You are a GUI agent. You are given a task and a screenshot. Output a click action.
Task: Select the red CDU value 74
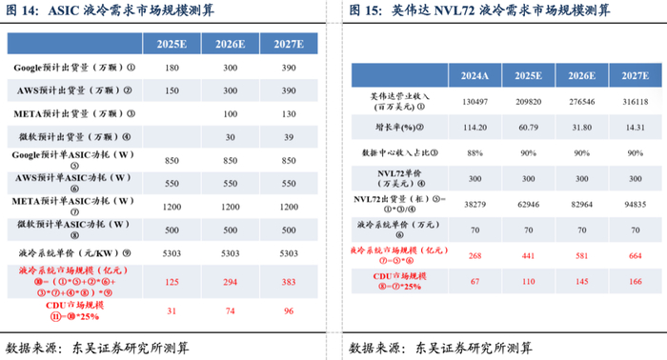[x=229, y=311]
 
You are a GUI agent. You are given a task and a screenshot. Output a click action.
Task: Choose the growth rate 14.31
[x=632, y=127]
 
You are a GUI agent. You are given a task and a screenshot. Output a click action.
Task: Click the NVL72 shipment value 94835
[x=632, y=204]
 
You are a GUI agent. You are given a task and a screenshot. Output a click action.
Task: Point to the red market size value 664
[x=632, y=256]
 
